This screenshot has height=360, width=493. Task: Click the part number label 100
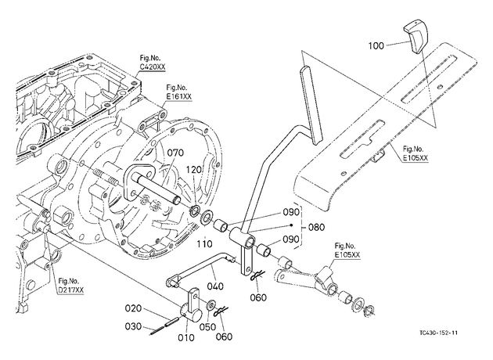(x=376, y=46)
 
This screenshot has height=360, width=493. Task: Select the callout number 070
(x=175, y=153)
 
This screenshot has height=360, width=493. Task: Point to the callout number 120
(x=193, y=170)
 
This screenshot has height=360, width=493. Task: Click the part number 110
(x=205, y=243)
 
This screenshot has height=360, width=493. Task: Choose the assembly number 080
(x=316, y=227)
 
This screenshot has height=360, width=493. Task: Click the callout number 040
(x=215, y=286)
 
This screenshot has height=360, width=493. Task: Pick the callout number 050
(x=207, y=327)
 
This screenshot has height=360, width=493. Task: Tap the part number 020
(x=133, y=308)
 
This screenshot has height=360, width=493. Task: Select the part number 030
(x=133, y=326)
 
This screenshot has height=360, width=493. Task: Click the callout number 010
(x=186, y=337)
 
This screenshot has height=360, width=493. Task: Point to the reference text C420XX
(x=153, y=67)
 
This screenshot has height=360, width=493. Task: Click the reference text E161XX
(x=179, y=97)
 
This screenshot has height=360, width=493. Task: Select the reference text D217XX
(x=71, y=290)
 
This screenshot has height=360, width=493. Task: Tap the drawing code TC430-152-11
(x=438, y=333)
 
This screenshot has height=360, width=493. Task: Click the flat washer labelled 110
(x=207, y=218)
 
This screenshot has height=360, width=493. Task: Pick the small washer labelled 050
(x=210, y=304)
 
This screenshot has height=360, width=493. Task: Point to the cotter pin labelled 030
(x=160, y=329)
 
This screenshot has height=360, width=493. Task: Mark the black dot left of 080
(x=292, y=225)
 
